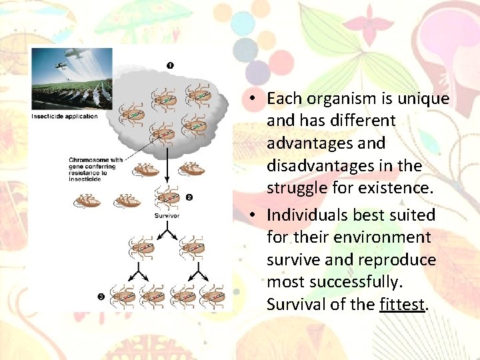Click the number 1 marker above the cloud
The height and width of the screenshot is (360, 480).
pos(169,65)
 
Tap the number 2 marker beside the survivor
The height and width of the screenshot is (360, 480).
pos(189,197)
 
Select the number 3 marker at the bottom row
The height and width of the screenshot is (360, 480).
pos(101,296)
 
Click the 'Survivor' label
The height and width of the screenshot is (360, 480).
pos(167,215)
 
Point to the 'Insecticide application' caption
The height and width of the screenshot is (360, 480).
pos(65,117)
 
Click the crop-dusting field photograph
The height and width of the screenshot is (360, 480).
pos(72,79)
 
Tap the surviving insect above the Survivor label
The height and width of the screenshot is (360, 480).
pos(166,198)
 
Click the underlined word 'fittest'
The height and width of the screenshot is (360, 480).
pos(402,305)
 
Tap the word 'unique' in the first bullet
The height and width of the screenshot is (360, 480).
pos(424,99)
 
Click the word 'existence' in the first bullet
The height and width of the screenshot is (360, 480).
pos(397,187)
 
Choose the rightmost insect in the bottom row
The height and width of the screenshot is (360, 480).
pos(213,295)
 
